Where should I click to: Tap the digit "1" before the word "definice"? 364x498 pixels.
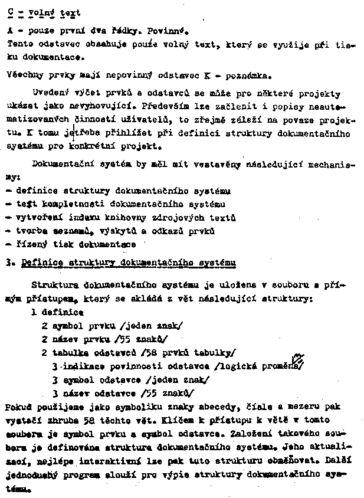pos(34,312)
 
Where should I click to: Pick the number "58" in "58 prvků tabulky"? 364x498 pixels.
pos(142,353)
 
